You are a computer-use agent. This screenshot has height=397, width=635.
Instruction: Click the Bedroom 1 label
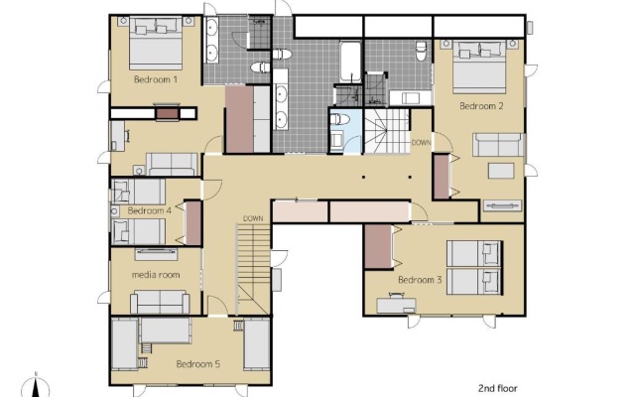coord(156,79)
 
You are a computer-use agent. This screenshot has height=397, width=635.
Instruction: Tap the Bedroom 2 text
coord(481,106)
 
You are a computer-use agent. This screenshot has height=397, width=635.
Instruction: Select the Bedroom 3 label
coord(420,280)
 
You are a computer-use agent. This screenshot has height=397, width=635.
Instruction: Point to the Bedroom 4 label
coord(150,210)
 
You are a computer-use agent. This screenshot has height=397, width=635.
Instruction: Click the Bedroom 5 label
coord(198,364)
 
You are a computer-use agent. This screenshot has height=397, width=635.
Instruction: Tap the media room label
coord(156,275)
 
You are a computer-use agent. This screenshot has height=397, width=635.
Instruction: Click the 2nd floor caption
coord(498,388)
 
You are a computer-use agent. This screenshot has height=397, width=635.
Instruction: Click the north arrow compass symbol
coord(37,386)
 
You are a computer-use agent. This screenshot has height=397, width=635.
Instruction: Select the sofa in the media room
coord(160,302)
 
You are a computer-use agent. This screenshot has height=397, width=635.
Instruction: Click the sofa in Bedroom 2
coord(498,145)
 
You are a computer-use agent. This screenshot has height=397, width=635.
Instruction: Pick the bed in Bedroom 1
coord(156,44)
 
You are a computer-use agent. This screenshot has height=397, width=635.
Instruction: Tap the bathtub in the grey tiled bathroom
coord(350,62)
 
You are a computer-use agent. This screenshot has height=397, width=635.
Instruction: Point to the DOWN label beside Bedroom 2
coord(421,143)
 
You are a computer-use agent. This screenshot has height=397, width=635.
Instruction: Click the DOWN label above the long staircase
coord(253,218)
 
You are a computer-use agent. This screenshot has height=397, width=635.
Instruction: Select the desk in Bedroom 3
coord(397,306)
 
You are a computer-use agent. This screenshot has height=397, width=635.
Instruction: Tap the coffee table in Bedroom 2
coord(501,171)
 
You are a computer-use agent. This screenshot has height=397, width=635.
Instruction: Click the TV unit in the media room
coord(156,254)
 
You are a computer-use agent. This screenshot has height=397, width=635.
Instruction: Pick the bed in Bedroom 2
coord(479,66)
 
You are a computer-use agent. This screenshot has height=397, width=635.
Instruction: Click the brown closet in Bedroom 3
coord(378,246)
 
